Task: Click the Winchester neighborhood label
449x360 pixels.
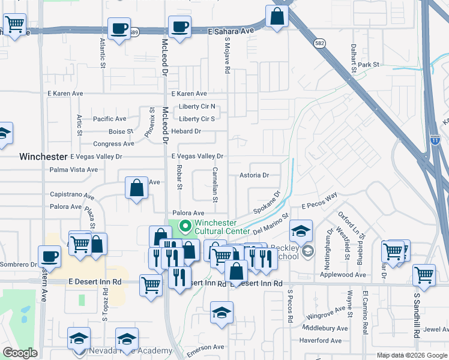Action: [43, 157]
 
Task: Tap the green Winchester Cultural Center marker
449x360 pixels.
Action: [185, 226]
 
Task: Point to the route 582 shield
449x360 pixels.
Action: [319, 43]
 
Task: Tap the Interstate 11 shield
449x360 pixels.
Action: [435, 140]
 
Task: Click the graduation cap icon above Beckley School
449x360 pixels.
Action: [300, 230]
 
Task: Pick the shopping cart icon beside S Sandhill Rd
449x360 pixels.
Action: [424, 274]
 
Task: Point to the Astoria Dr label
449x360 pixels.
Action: [253, 175]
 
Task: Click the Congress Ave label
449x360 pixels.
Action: [113, 144]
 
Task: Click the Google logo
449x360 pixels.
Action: [20, 353]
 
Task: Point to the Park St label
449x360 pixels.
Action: [369, 64]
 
